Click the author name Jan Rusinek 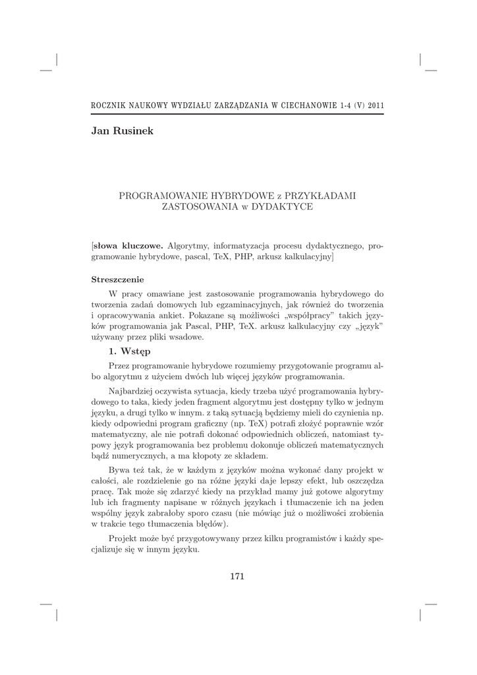(x=122, y=131)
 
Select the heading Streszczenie (x=117, y=279)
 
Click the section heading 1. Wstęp (x=130, y=351)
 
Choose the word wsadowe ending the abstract (x=187, y=338)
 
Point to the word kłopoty (x=218, y=455)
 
